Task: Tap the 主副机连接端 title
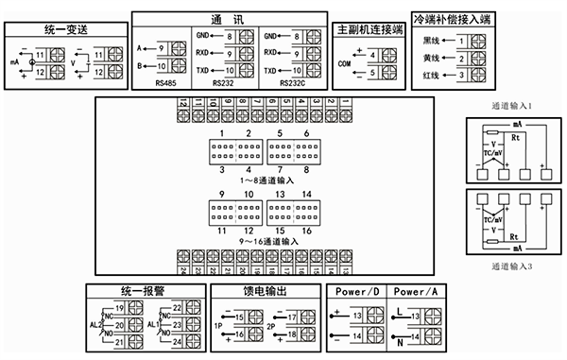pyautogui.click(x=369, y=31)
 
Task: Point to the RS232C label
pyautogui.click(x=295, y=83)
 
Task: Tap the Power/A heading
pyautogui.click(x=416, y=291)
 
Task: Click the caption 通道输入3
pyautogui.click(x=513, y=267)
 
